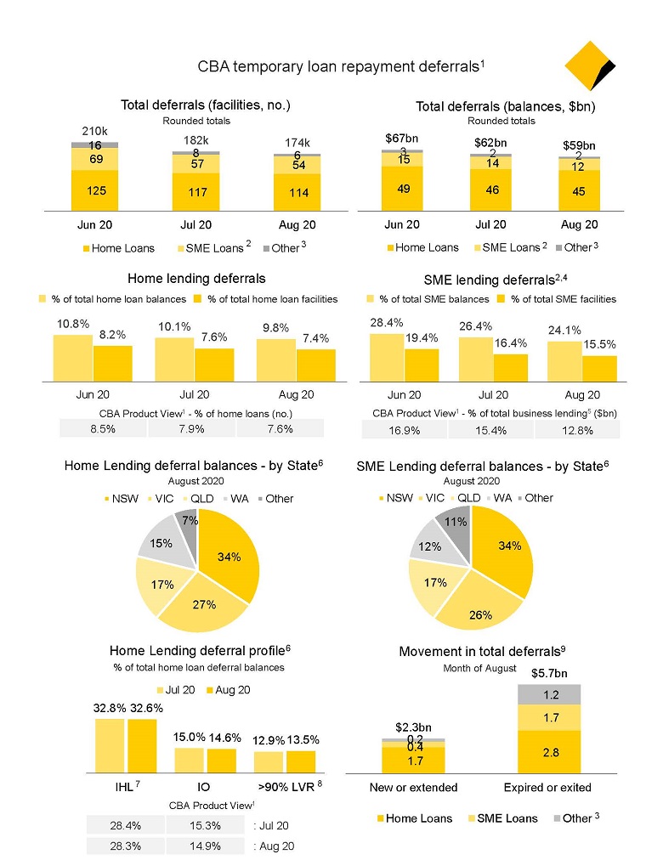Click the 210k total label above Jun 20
[x=94, y=132]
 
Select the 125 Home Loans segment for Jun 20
[x=94, y=190]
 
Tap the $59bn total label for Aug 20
[x=579, y=145]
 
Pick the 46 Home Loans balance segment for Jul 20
[x=490, y=190]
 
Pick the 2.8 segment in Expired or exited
[x=551, y=751]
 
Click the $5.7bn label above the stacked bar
[x=550, y=673]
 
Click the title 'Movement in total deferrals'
[x=481, y=651]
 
